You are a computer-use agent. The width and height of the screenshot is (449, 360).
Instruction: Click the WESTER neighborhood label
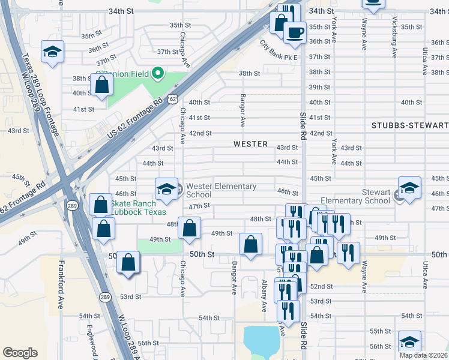tap(250, 144)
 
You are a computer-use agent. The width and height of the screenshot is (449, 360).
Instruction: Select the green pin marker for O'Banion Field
tap(158, 74)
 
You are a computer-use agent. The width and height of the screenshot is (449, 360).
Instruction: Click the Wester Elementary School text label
tap(220, 190)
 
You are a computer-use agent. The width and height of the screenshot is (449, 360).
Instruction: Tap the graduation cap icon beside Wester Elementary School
tap(166, 189)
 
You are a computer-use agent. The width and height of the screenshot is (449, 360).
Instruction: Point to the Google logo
tap(20, 353)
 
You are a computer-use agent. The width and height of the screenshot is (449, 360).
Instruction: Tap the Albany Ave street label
tap(264, 295)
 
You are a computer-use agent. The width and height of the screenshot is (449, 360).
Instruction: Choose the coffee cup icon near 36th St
tap(294, 33)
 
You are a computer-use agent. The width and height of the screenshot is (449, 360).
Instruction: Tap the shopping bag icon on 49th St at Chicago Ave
tap(190, 229)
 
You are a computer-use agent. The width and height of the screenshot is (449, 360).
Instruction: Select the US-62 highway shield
tap(173, 97)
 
